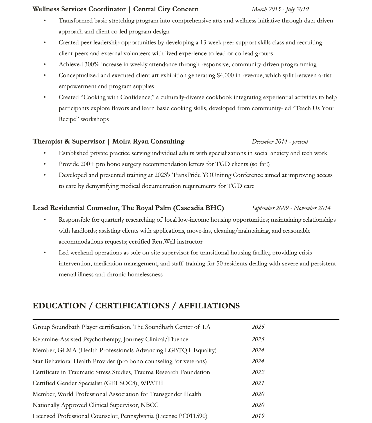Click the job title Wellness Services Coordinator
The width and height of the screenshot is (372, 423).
click(79, 9)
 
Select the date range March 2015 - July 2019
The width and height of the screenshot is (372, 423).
click(280, 9)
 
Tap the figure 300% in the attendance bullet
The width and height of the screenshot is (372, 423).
click(92, 65)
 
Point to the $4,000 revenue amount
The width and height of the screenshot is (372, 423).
click(225, 76)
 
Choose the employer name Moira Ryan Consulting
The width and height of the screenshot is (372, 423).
click(148, 142)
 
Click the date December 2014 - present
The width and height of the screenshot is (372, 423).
click(280, 142)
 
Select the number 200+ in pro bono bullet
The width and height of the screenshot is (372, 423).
click(87, 164)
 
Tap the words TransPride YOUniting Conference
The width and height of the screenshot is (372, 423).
click(217, 175)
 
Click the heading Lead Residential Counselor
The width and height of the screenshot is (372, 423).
click(76, 208)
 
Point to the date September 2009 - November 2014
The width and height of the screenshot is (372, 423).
click(291, 208)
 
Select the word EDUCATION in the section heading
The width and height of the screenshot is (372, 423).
click(59, 306)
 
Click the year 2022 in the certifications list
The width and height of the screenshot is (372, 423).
click(258, 372)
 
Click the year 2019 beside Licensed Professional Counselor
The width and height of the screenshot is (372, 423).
click(258, 416)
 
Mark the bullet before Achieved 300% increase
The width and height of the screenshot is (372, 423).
click(45, 65)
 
